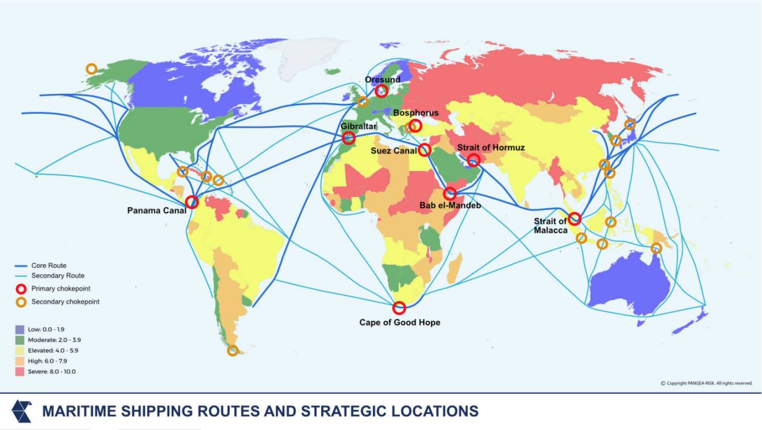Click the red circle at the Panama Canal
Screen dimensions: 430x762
tap(192, 202)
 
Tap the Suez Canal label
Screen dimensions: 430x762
tap(393, 151)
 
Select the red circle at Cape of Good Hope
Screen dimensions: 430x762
tap(399, 308)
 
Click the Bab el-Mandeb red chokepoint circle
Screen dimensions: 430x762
tap(450, 193)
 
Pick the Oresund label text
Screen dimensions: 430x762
tap(382, 80)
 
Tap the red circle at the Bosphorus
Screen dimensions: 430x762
tap(415, 125)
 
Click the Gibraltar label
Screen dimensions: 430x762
tap(358, 126)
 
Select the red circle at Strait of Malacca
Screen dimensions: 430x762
tap(574, 219)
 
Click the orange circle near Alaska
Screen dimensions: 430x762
tap(91, 69)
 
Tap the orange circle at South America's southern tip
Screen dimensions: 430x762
tap(233, 350)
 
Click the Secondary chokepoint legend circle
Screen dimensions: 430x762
tap(21, 302)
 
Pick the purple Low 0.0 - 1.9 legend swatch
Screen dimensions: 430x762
tap(20, 330)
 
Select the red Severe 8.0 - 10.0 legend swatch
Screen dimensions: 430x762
tap(20, 371)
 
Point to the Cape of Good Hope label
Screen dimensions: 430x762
tap(399, 323)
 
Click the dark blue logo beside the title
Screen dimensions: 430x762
tap(22, 411)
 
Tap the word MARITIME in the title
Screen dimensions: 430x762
tap(78, 411)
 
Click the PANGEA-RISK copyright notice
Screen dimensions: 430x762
tap(706, 383)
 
